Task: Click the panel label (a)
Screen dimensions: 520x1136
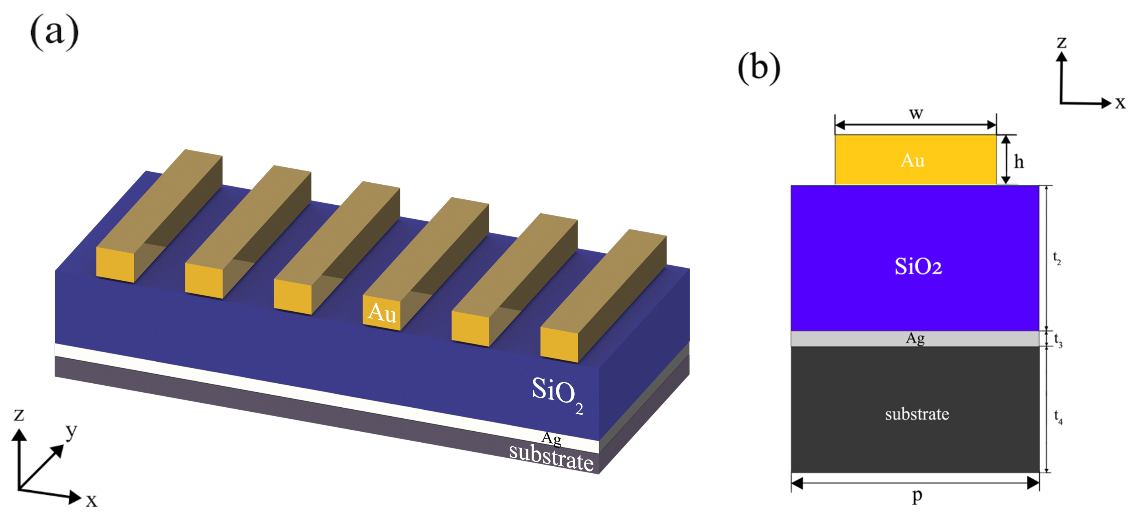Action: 54,32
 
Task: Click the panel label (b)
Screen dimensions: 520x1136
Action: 759,68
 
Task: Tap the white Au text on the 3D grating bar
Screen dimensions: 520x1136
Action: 382,312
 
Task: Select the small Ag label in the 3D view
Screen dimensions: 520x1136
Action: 551,438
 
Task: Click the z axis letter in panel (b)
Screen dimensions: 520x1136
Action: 1062,42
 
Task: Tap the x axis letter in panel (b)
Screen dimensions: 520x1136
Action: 1120,103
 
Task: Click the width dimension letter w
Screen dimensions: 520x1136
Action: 916,113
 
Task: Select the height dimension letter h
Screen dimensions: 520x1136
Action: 1019,162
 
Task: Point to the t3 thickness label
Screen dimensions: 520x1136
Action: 1058,340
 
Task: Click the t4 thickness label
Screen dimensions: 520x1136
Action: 1058,416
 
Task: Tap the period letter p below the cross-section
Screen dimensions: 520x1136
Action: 917,495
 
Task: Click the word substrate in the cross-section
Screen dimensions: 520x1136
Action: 917,414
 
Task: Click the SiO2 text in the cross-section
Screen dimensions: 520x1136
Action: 918,266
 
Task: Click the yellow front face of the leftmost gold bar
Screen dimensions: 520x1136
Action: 115,265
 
